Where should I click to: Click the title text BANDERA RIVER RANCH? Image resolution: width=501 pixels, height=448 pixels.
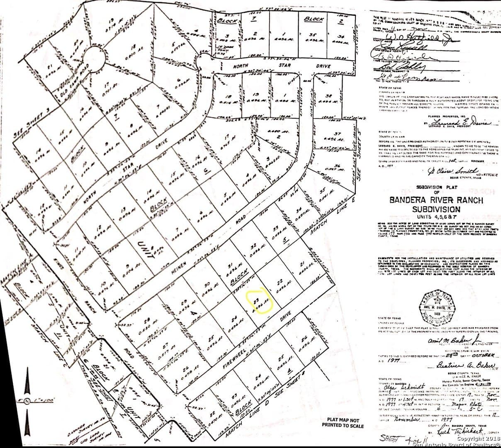pos(436,200)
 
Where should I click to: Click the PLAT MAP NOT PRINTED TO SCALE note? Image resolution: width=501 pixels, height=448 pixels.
pos(343,423)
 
